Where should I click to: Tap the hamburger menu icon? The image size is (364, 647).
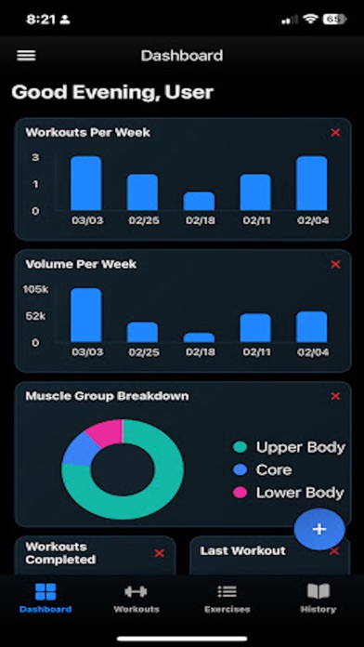pyautogui.click(x=26, y=56)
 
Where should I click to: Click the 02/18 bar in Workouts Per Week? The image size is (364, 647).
pyautogui.click(x=199, y=201)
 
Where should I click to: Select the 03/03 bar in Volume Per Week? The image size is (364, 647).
pyautogui.click(x=85, y=315)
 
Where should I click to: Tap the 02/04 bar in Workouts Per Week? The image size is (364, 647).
pyautogui.click(x=311, y=183)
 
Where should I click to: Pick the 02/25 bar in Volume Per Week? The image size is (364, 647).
pyautogui.click(x=142, y=332)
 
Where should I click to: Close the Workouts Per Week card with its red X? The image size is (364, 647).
pyautogui.click(x=335, y=133)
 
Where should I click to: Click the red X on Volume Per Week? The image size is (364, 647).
pyautogui.click(x=335, y=265)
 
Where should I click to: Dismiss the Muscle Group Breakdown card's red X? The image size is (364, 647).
pyautogui.click(x=335, y=397)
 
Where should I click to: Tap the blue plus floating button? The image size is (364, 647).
pyautogui.click(x=319, y=529)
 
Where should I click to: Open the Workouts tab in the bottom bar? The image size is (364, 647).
pyautogui.click(x=136, y=598)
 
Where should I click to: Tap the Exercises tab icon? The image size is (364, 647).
pyautogui.click(x=227, y=591)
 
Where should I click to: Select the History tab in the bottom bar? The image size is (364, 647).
pyautogui.click(x=318, y=598)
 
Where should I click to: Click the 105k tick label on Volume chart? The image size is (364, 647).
pyautogui.click(x=36, y=289)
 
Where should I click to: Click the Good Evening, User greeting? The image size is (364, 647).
pyautogui.click(x=112, y=92)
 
